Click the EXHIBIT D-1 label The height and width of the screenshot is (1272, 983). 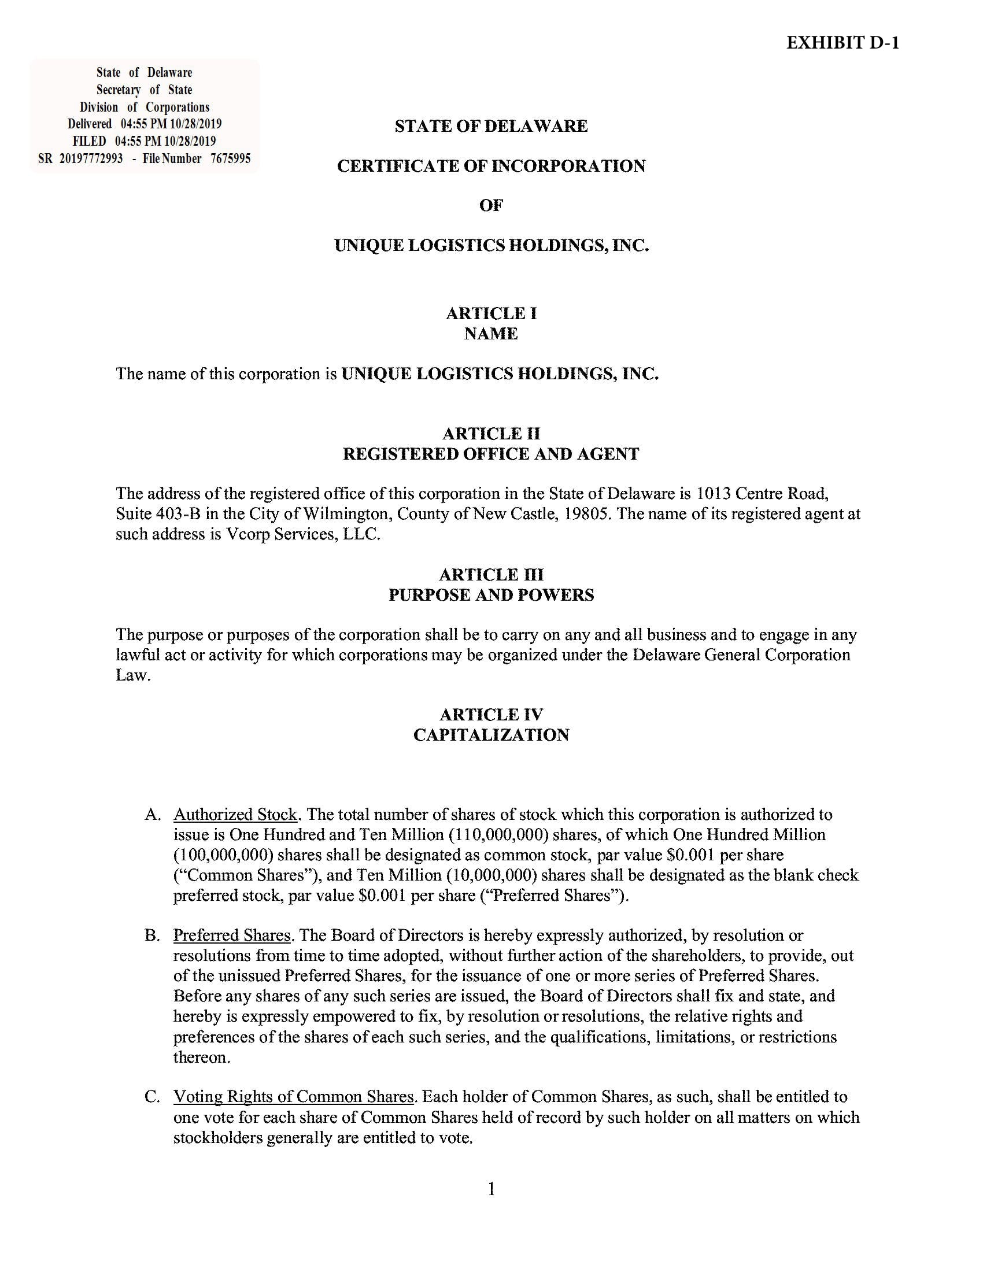[x=842, y=43]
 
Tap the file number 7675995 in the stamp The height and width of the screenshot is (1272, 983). [x=231, y=158]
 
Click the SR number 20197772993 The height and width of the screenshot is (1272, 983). [x=91, y=158]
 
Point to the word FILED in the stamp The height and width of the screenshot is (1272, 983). [x=89, y=141]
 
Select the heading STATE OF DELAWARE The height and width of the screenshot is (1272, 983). [x=491, y=126]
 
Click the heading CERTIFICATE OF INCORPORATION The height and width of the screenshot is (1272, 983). [x=491, y=166]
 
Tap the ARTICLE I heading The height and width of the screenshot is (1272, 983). [x=491, y=313]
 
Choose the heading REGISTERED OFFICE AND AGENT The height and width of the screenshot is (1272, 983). [x=491, y=454]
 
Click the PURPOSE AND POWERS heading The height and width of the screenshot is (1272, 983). [x=491, y=594]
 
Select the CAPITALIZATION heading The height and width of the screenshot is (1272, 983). [x=491, y=734]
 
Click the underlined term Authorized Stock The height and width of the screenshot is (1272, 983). [x=235, y=814]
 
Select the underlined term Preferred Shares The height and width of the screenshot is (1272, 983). [x=232, y=935]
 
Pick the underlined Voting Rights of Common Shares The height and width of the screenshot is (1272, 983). [x=294, y=1097]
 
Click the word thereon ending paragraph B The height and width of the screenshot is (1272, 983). [x=201, y=1057]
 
